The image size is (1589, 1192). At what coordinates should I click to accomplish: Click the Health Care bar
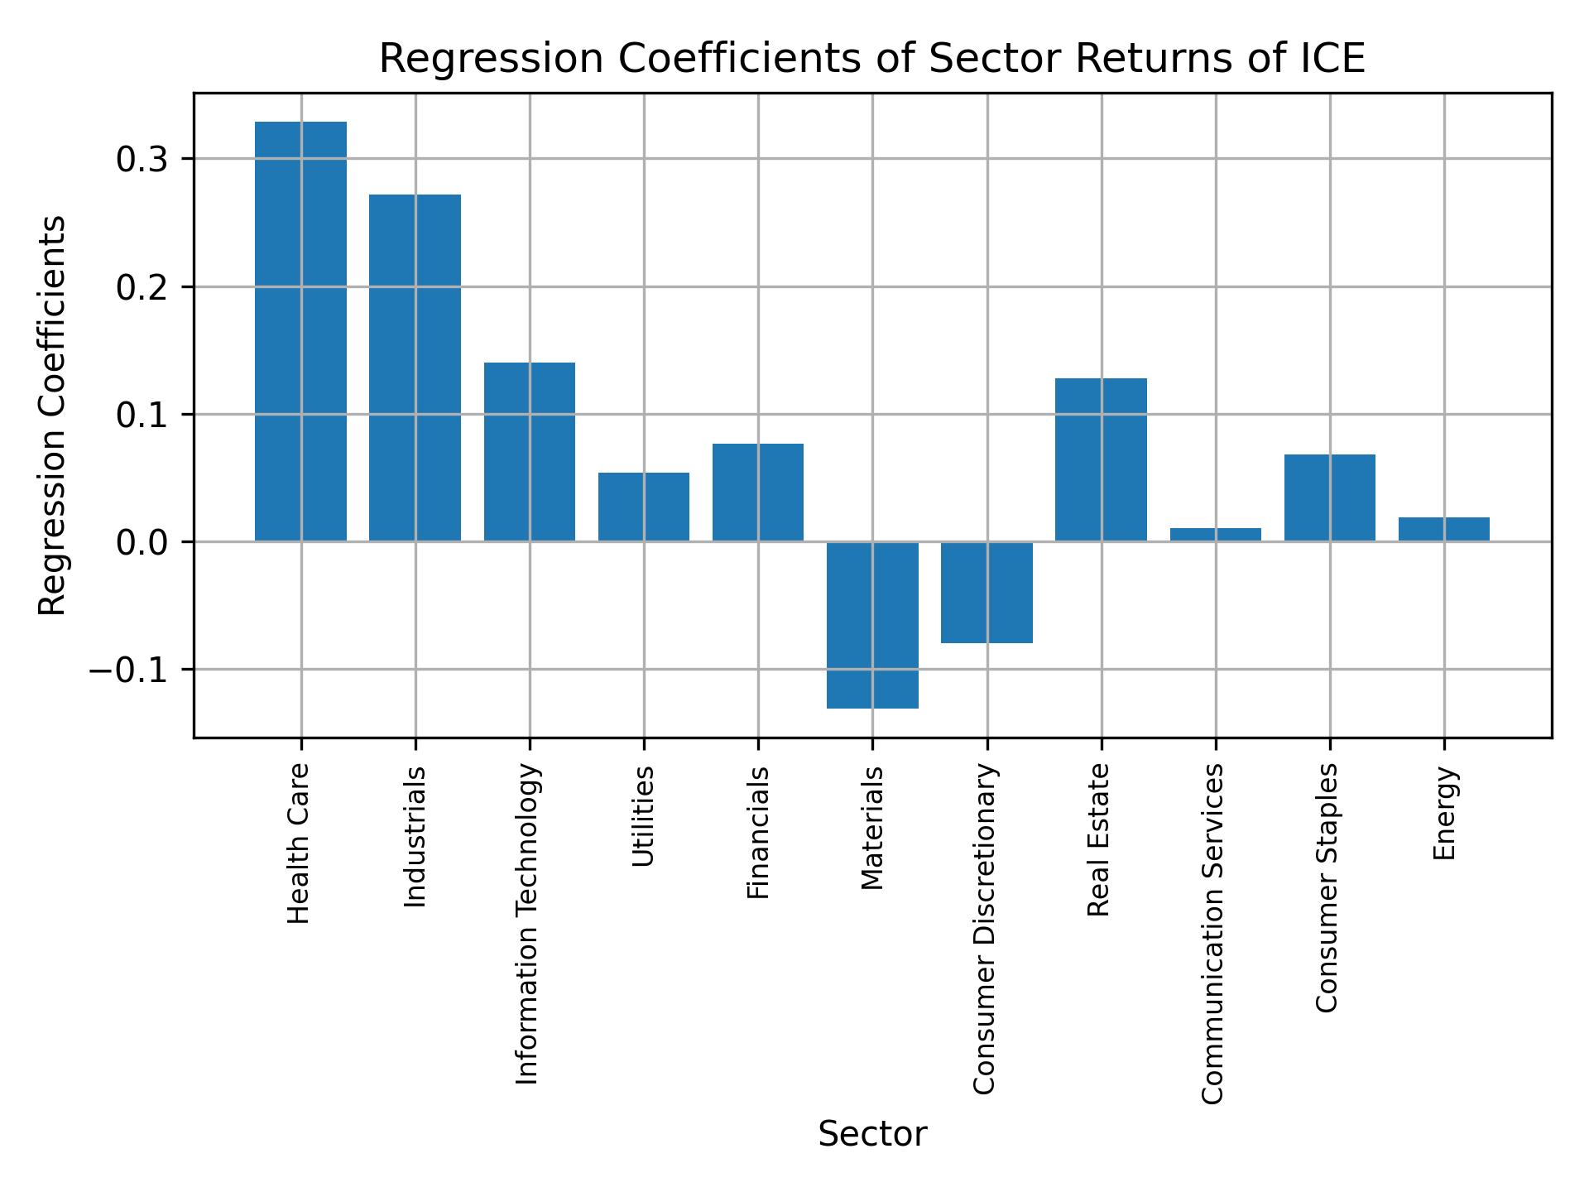(300, 331)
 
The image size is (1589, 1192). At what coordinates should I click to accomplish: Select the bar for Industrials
(415, 368)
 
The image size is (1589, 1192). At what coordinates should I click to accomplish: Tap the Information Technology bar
(529, 452)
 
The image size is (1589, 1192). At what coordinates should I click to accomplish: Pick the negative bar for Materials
(872, 625)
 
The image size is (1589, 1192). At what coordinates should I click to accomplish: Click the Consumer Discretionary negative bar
(987, 592)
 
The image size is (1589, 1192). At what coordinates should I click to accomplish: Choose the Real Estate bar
(1101, 459)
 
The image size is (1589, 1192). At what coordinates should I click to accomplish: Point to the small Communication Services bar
(1215, 535)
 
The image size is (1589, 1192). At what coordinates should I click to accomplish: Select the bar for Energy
(1443, 530)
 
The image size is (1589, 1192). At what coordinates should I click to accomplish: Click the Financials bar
(757, 493)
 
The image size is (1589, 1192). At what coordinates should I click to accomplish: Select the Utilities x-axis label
(643, 816)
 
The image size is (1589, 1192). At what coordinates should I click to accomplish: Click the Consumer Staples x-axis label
(1327, 887)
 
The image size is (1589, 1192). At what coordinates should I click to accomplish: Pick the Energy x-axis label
(1443, 814)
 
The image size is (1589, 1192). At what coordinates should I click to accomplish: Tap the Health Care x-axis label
(299, 843)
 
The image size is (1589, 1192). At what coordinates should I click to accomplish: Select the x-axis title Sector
(872, 1134)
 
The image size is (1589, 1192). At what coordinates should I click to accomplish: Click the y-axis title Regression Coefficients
(53, 416)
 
